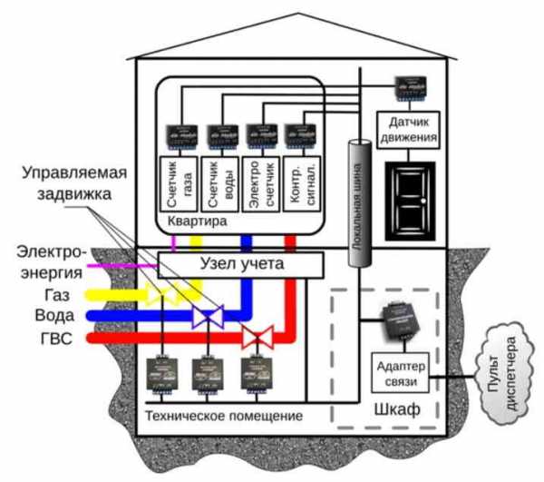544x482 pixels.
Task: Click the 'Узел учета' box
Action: (x=241, y=264)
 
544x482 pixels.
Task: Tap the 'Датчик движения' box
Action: (x=409, y=130)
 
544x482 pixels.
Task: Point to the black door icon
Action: (x=410, y=200)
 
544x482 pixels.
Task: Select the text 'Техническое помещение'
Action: (x=223, y=416)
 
